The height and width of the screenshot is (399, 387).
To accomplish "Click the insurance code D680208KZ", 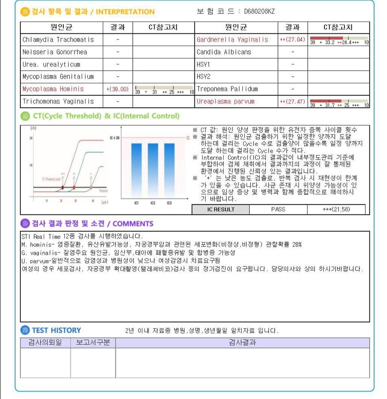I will (259, 12).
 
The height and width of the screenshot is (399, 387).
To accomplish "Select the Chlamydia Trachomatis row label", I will (58, 40).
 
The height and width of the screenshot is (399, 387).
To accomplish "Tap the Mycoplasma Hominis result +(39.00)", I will (117, 89).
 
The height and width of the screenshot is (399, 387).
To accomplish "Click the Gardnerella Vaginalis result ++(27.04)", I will (292, 40).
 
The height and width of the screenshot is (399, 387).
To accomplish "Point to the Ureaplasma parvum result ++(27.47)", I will (292, 102).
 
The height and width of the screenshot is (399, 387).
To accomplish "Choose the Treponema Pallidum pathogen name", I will (227, 89).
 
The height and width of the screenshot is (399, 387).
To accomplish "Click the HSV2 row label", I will (203, 77).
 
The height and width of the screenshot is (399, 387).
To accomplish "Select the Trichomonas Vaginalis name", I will (58, 102).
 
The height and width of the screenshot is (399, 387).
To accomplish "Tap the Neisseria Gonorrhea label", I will (55, 52).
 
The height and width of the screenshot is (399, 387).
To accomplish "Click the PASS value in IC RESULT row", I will (278, 209).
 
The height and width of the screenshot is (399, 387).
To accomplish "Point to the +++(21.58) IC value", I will (336, 209).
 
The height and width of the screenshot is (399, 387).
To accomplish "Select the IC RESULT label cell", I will (221, 209).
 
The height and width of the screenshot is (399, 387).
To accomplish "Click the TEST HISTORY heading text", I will (56, 330).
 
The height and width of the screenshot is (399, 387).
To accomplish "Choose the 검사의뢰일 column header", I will (45, 343).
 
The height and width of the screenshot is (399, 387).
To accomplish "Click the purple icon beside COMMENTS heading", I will (25, 224).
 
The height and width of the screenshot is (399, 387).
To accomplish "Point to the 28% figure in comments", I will (297, 244).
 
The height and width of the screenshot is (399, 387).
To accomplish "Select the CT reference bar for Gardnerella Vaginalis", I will (339, 40).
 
